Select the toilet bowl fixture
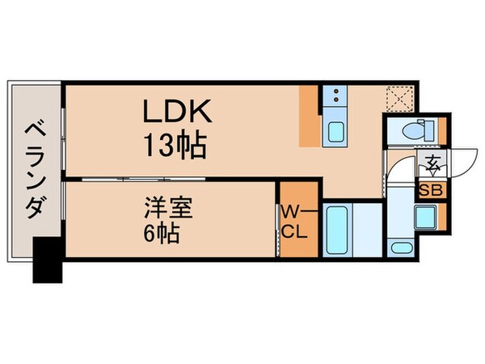point(411,129)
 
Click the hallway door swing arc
point(394,171)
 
